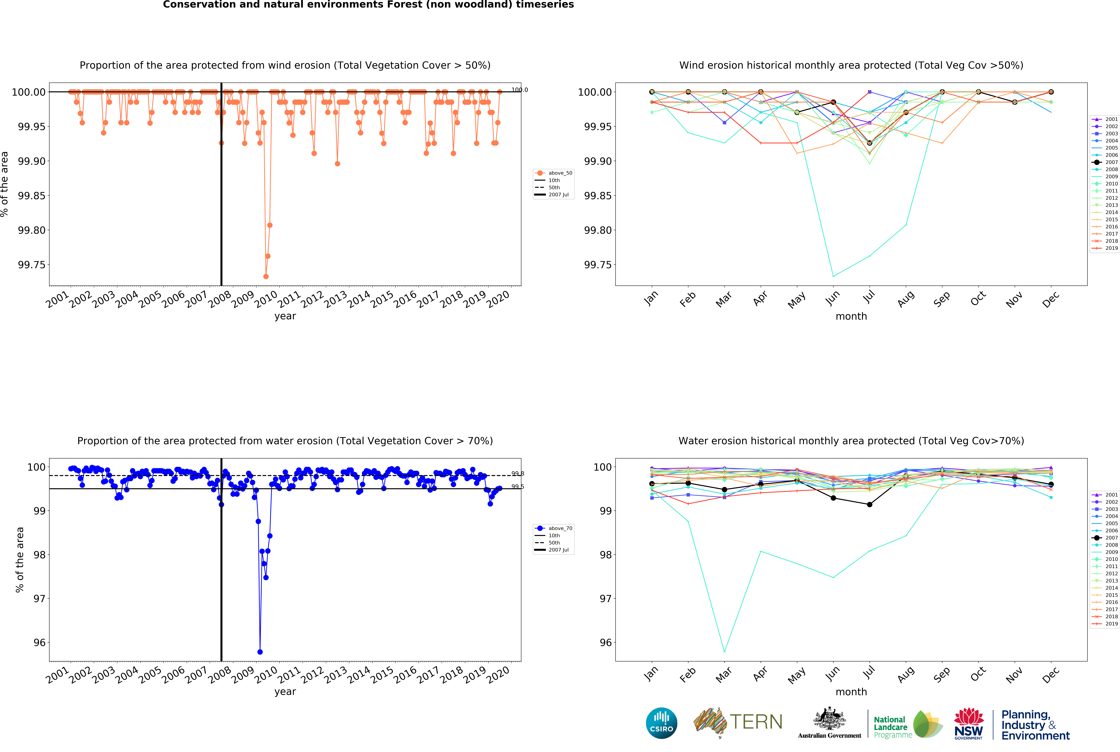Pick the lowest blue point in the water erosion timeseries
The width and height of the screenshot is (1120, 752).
260,652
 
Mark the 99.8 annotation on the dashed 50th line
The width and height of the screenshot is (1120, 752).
517,474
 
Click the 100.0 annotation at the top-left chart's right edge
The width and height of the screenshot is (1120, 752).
519,90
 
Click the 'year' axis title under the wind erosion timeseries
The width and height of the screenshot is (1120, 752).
285,316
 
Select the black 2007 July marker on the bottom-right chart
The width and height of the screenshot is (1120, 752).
870,505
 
